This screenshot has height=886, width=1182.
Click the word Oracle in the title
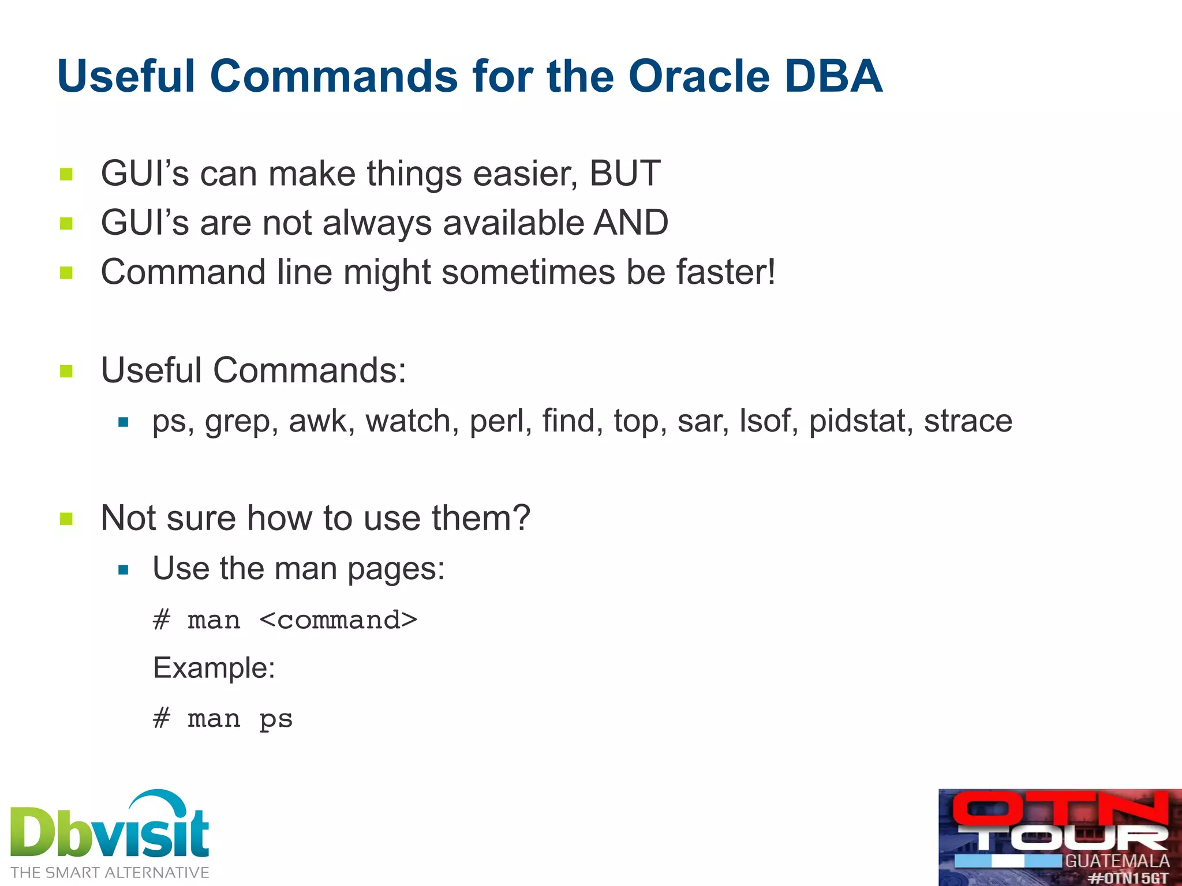[x=699, y=77]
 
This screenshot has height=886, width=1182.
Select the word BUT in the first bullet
[x=624, y=173]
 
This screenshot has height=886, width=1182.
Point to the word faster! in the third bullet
[x=725, y=272]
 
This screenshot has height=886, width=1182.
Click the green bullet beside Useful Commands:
[x=66, y=371]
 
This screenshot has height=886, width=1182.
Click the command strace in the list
[x=968, y=421]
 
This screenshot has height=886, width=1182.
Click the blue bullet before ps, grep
[x=123, y=422]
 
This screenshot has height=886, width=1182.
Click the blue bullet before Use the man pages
[x=123, y=570]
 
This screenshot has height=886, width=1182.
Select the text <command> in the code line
[x=338, y=621]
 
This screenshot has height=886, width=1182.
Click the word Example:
[x=214, y=668]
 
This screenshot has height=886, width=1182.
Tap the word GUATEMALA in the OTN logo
[x=1117, y=861]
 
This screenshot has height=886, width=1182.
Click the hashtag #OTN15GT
[x=1128, y=878]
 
